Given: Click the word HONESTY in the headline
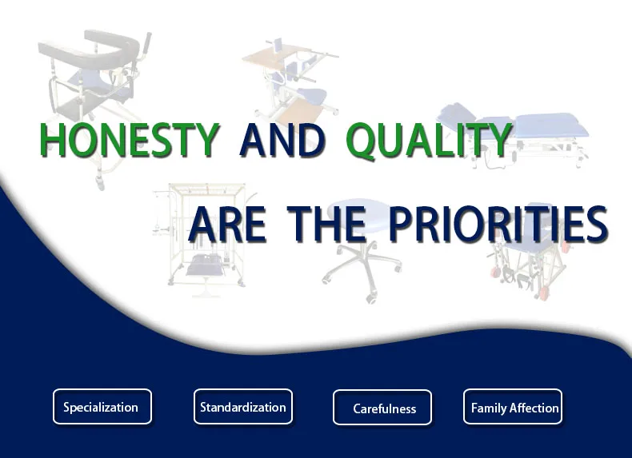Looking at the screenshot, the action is (129, 139).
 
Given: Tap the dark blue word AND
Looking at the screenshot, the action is (282, 140).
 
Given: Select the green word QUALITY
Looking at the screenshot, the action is (429, 140).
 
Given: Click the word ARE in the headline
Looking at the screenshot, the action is (227, 224).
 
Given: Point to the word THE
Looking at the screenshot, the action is (330, 224).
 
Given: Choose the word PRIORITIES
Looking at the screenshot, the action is (498, 224).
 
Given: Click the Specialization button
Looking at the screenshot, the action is (102, 406).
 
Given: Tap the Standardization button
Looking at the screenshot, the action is (242, 406).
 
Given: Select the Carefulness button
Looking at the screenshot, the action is (382, 408).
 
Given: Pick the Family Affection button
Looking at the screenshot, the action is (512, 406).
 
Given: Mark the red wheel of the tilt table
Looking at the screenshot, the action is (544, 293).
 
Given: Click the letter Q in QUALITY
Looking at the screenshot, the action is (362, 141).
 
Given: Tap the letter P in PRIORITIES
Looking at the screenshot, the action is (403, 224).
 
